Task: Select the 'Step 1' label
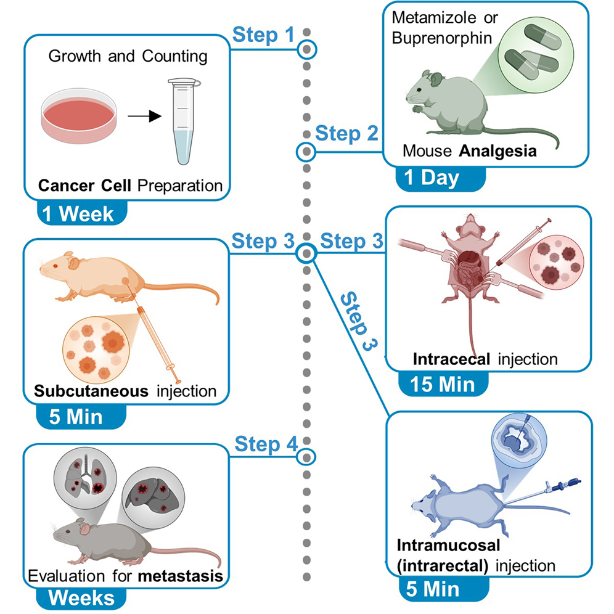(263, 35)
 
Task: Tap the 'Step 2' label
(346, 133)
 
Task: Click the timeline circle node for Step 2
(305, 151)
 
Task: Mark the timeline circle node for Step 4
(306, 457)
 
